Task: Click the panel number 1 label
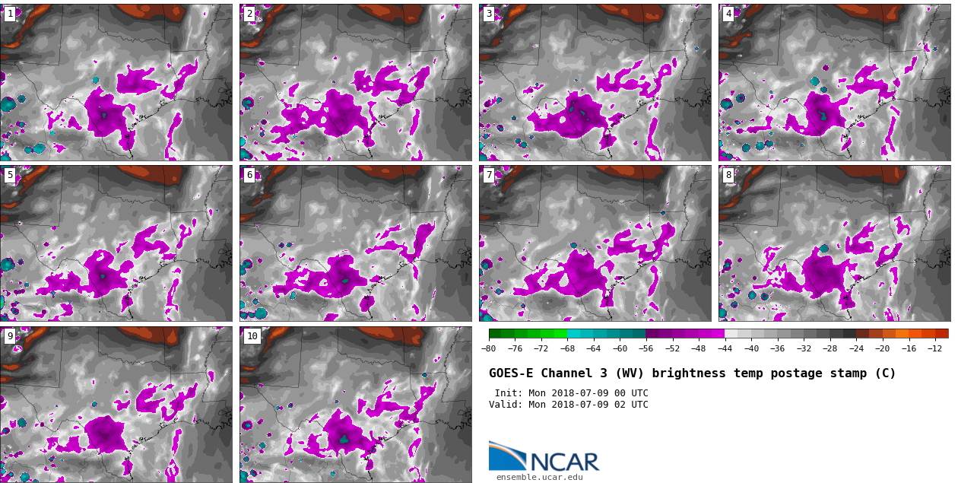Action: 10,14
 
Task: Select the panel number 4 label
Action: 728,14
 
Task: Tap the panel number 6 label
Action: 249,175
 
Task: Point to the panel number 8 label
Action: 728,175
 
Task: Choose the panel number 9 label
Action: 10,336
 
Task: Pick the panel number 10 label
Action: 252,336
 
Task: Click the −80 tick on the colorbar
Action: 488,349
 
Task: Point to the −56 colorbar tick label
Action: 646,349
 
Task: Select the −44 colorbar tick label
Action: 725,349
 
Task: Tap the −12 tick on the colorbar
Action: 934,349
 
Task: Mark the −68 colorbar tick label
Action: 567,349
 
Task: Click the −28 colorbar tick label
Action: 830,349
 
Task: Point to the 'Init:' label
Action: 509,393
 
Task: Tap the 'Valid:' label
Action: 506,405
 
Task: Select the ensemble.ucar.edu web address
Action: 539,478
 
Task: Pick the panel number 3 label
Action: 489,14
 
